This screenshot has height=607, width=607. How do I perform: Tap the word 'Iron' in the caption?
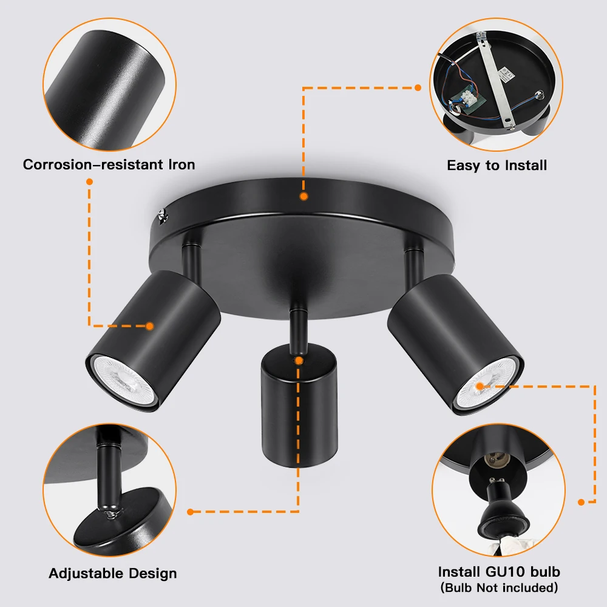click(x=181, y=164)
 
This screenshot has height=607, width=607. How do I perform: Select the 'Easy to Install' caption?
click(x=497, y=165)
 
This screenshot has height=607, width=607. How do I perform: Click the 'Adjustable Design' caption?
click(x=113, y=574)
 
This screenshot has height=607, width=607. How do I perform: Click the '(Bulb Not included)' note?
click(x=498, y=587)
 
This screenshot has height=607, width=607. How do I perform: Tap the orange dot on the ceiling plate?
click(x=303, y=197)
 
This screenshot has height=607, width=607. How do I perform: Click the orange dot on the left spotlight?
click(x=149, y=326)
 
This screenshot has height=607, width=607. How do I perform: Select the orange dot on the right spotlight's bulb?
click(x=480, y=385)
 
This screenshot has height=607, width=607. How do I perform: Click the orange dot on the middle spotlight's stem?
click(x=299, y=361)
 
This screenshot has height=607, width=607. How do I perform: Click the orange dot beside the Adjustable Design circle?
click(x=190, y=512)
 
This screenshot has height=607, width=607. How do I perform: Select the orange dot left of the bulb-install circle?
click(x=581, y=502)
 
